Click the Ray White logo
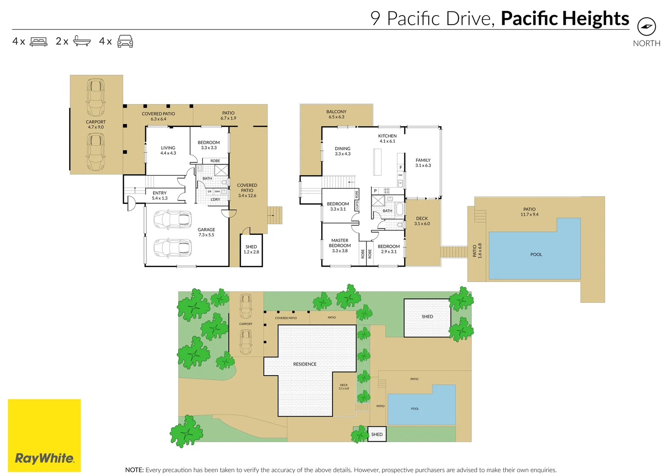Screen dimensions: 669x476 (x=44, y=435)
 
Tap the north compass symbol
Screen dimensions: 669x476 (x=647, y=26)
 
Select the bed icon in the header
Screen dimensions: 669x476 (x=38, y=41)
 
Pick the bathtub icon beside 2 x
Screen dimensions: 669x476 (x=82, y=41)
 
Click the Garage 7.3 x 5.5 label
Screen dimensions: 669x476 (x=206, y=232)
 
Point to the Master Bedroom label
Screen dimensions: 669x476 (x=340, y=245)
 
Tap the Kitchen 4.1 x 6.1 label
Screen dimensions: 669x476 (x=387, y=138)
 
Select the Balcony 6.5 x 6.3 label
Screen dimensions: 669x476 (x=336, y=114)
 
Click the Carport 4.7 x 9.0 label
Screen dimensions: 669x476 (x=96, y=124)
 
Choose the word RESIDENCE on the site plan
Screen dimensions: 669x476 (x=305, y=364)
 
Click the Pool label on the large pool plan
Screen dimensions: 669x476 (x=536, y=255)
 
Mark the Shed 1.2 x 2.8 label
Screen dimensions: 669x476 (x=251, y=249)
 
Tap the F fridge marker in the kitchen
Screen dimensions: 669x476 (x=401, y=167)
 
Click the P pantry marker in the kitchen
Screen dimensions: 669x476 (x=375, y=191)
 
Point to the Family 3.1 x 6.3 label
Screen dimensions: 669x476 (x=423, y=163)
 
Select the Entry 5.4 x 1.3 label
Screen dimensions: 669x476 (x=160, y=196)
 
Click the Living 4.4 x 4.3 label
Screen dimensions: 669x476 (x=168, y=150)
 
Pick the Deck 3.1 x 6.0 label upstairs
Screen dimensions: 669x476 (x=422, y=221)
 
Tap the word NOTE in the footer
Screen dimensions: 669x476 (x=134, y=470)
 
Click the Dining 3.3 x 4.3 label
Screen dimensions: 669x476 (x=343, y=151)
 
